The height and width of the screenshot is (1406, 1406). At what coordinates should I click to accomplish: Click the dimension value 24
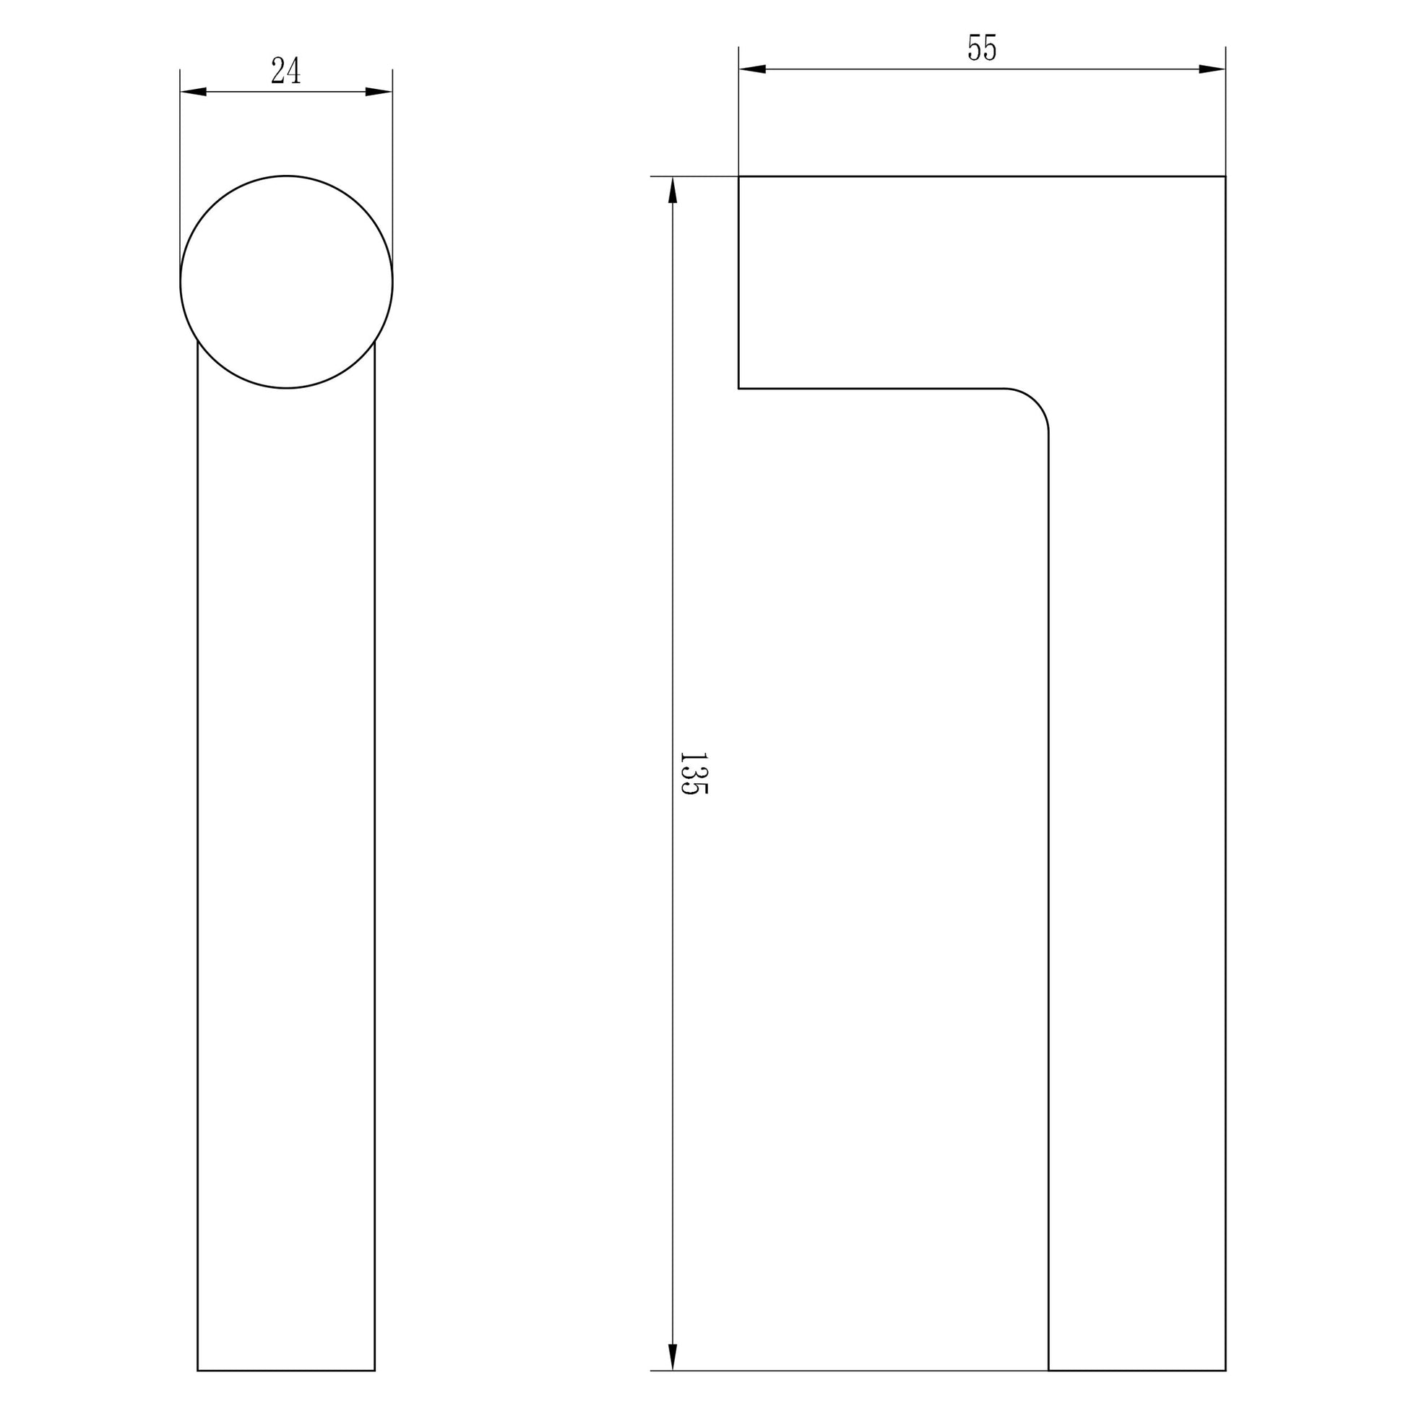tap(285, 72)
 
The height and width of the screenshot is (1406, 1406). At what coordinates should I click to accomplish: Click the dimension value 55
tap(982, 48)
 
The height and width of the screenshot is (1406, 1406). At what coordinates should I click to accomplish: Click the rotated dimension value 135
tap(692, 774)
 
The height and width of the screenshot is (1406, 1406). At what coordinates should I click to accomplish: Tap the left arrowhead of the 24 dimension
tap(194, 92)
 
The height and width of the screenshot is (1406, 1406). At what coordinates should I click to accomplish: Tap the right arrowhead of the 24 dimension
tap(379, 92)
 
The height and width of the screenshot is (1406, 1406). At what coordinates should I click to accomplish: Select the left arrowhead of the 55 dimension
tap(752, 69)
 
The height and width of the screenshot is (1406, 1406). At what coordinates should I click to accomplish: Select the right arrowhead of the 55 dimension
tap(1212, 69)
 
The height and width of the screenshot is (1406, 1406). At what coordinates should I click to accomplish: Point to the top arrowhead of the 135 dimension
tap(673, 191)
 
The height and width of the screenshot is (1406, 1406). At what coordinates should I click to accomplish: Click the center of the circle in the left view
tap(286, 282)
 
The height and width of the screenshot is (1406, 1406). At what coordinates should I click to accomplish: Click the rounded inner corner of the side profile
tap(1035, 402)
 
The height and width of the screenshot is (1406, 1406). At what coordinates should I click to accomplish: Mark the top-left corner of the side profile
tap(738, 176)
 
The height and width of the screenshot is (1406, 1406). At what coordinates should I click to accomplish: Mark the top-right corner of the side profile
tap(1225, 176)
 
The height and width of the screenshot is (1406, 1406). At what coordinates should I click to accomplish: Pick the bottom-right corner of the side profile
tap(1225, 1371)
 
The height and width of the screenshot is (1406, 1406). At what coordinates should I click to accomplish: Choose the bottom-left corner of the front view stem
tap(198, 1371)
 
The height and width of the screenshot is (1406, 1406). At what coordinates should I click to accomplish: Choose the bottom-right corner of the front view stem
tap(375, 1371)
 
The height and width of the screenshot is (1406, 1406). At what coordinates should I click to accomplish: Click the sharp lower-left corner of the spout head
tap(738, 389)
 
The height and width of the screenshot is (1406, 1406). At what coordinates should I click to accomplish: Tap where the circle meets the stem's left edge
tap(198, 341)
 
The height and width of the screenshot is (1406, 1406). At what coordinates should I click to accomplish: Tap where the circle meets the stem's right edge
tap(375, 341)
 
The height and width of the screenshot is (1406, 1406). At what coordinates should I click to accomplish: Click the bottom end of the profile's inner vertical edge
tap(1048, 1371)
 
